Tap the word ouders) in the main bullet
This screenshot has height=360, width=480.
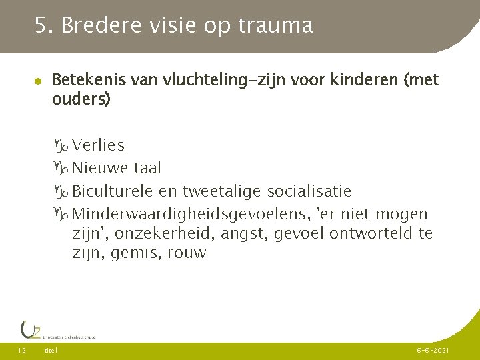[81, 100]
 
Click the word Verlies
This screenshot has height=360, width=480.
[98, 145]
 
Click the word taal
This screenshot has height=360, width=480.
[147, 169]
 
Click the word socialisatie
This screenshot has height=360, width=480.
[309, 191]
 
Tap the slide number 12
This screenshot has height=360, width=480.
[21, 351]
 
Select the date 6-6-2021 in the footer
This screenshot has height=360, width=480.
[433, 351]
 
